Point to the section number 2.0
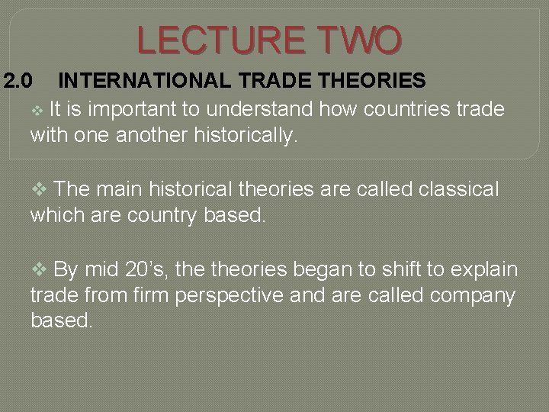tap(15, 79)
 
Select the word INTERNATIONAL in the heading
tap(136, 79)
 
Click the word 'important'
tap(138, 109)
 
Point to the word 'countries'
tap(403, 109)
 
